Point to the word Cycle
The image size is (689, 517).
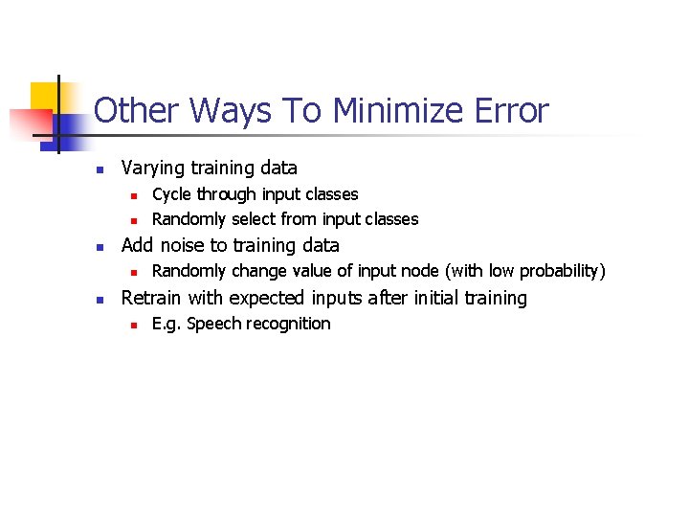pos(171,194)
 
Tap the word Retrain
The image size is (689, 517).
pos(152,298)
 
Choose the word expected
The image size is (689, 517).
pos(265,298)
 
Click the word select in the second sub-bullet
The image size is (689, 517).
pos(254,219)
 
